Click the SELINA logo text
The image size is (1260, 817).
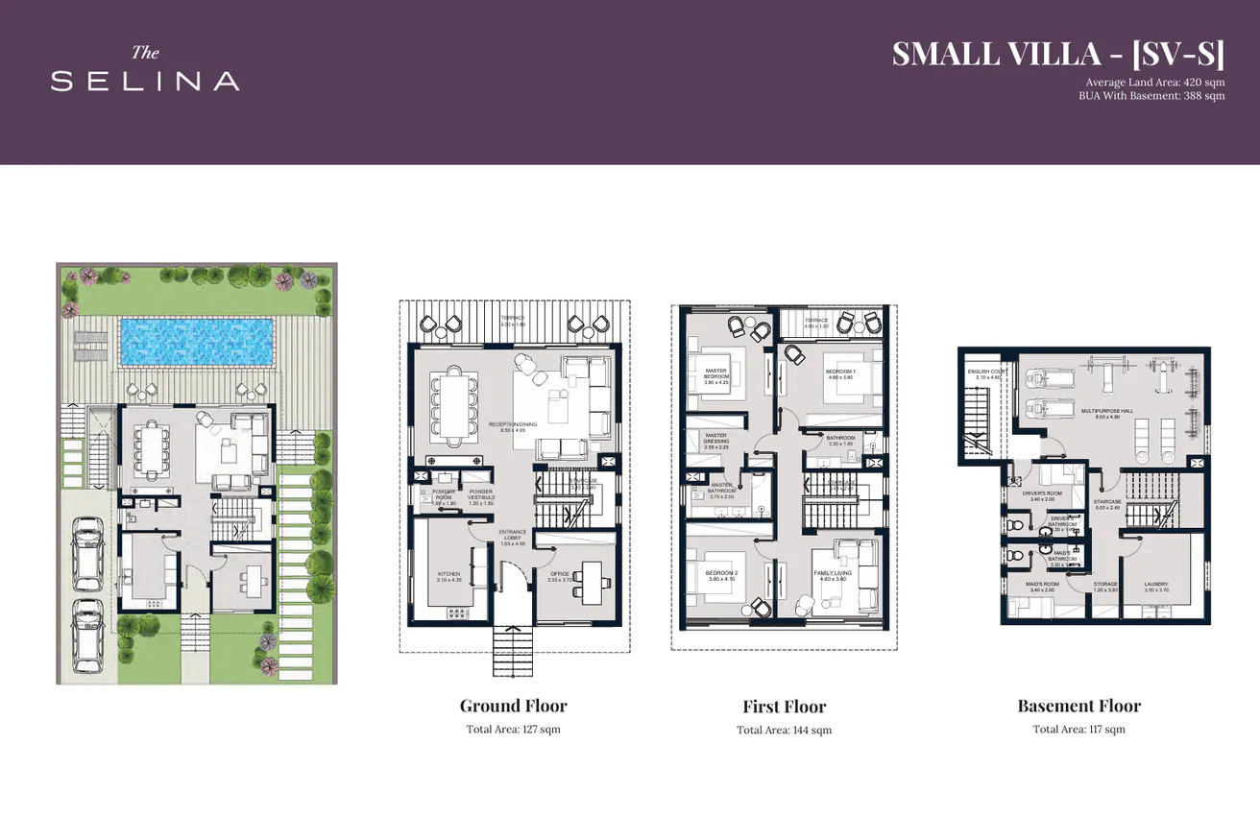pyautogui.click(x=145, y=82)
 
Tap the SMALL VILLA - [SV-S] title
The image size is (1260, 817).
pyautogui.click(x=1057, y=54)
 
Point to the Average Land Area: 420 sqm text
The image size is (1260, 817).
pyautogui.click(x=1154, y=83)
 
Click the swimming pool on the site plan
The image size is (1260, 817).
pyautogui.click(x=195, y=342)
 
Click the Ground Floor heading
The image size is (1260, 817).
pyautogui.click(x=513, y=706)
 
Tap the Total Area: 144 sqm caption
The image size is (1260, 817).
pyautogui.click(x=784, y=731)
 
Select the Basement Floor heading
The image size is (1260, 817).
pyautogui.click(x=1078, y=706)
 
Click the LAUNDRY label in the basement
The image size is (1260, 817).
pyautogui.click(x=1155, y=587)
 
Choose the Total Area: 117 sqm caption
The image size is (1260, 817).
pyautogui.click(x=1078, y=730)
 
